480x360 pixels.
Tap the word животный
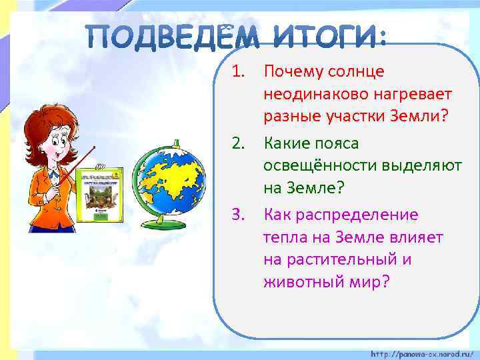(299, 282)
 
